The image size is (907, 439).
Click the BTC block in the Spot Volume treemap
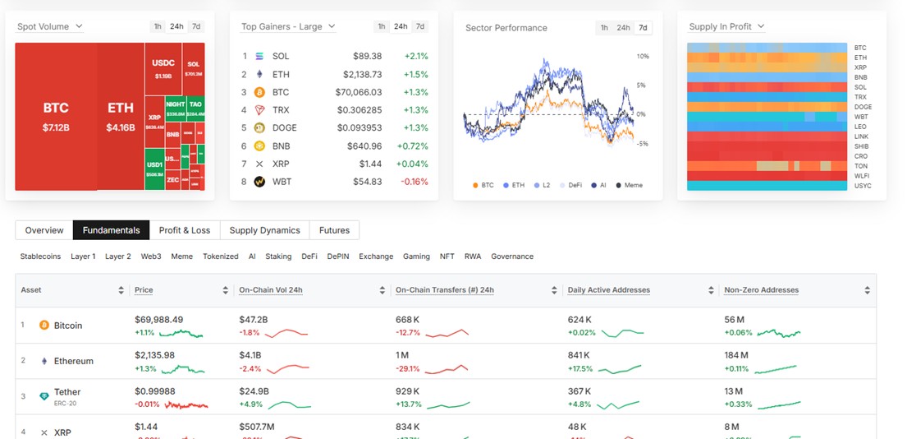[56, 116]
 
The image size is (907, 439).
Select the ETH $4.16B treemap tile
[121, 116]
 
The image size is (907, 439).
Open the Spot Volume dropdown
[50, 26]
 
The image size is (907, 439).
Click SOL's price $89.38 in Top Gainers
[367, 56]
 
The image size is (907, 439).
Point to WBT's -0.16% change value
[415, 182]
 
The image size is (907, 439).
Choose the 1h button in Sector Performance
[604, 28]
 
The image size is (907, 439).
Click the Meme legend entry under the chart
[629, 186]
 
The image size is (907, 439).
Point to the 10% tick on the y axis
[643, 57]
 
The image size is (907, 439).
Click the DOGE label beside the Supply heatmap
[863, 107]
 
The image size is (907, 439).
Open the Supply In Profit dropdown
[726, 26]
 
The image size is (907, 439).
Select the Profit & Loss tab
[185, 230]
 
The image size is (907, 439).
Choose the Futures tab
[334, 230]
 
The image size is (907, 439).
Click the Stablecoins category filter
[40, 256]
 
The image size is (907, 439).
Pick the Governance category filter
[512, 256]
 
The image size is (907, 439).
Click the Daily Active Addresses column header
[608, 290]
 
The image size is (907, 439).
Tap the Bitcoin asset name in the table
[68, 326]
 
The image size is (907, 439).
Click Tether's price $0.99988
[154, 391]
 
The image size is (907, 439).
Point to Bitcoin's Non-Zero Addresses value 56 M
[734, 319]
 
